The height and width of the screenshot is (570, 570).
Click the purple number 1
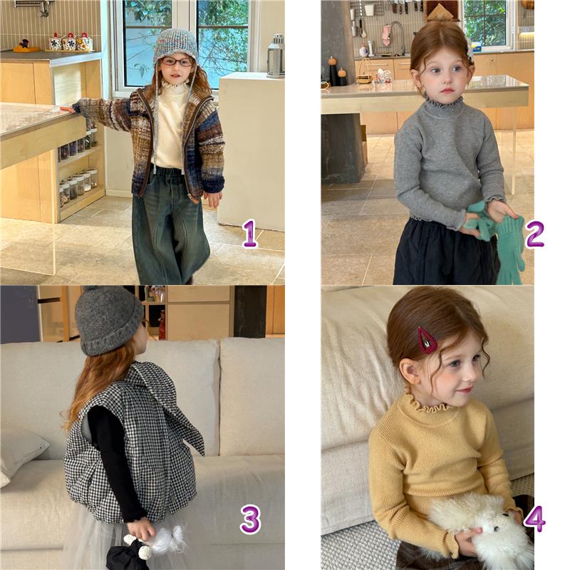point(250,234)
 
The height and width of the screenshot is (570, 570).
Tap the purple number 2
point(535,234)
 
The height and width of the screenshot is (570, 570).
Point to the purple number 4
point(534,518)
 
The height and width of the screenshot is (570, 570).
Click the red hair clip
point(427,340)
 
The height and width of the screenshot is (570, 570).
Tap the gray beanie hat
point(108,319)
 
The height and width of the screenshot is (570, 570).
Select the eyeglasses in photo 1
point(177,61)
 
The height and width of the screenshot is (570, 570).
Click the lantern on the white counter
point(276,56)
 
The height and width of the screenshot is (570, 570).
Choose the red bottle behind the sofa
point(162,325)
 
